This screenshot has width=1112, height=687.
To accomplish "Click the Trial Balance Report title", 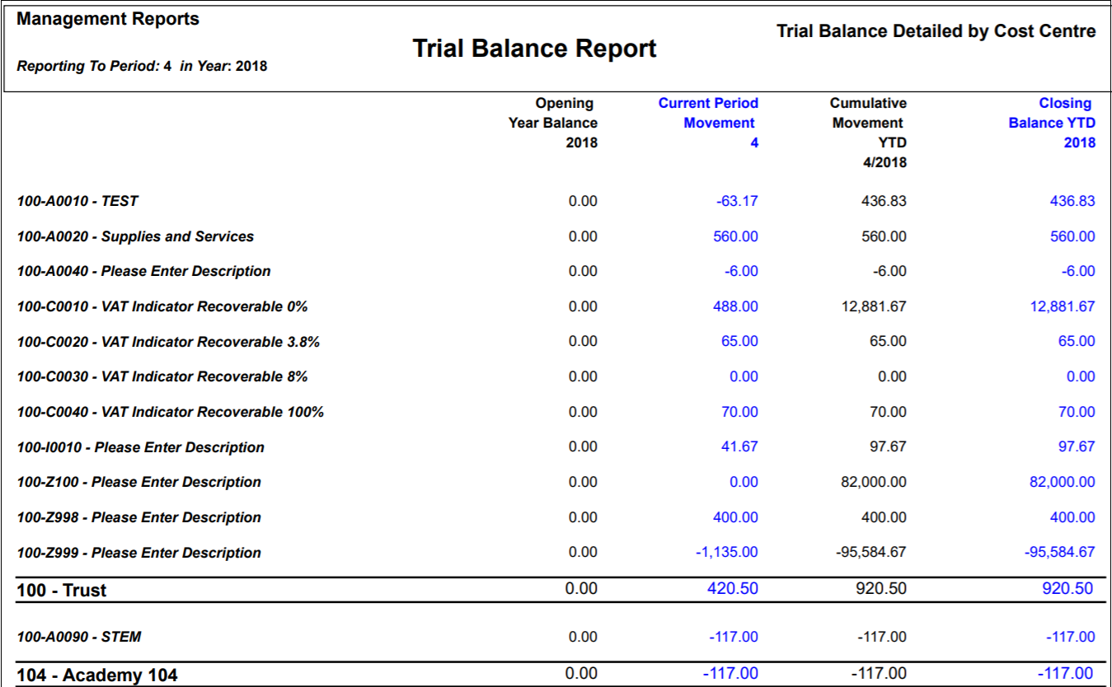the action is pyautogui.click(x=534, y=49).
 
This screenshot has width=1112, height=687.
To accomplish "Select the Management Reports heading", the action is pyautogui.click(x=108, y=19).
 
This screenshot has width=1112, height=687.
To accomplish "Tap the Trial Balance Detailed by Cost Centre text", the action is pyautogui.click(x=936, y=31).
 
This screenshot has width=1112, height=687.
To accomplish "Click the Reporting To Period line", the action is pyautogui.click(x=142, y=66).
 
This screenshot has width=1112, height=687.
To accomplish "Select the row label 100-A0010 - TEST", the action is pyautogui.click(x=77, y=201).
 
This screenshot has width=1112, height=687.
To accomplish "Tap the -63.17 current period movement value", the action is pyautogui.click(x=737, y=201).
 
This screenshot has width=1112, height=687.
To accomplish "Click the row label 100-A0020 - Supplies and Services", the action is pyautogui.click(x=135, y=236).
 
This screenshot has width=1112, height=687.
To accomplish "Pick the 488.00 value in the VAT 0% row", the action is pyautogui.click(x=736, y=306).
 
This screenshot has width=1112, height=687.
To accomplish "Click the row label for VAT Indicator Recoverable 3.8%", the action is pyautogui.click(x=168, y=342).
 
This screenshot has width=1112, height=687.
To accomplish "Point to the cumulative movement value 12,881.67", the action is pyautogui.click(x=874, y=306).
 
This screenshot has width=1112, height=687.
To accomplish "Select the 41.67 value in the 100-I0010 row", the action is pyautogui.click(x=739, y=446).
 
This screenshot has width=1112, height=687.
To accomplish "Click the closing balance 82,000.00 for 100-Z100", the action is pyautogui.click(x=1063, y=482).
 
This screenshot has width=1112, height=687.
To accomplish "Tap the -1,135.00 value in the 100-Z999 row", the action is pyautogui.click(x=727, y=552).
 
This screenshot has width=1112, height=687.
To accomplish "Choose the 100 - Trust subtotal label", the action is pyautogui.click(x=62, y=591).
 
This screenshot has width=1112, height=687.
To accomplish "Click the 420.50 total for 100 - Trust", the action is pyautogui.click(x=733, y=588).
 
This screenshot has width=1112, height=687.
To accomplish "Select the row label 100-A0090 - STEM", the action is pyautogui.click(x=79, y=637).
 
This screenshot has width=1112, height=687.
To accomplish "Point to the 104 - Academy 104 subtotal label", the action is pyautogui.click(x=96, y=675).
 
